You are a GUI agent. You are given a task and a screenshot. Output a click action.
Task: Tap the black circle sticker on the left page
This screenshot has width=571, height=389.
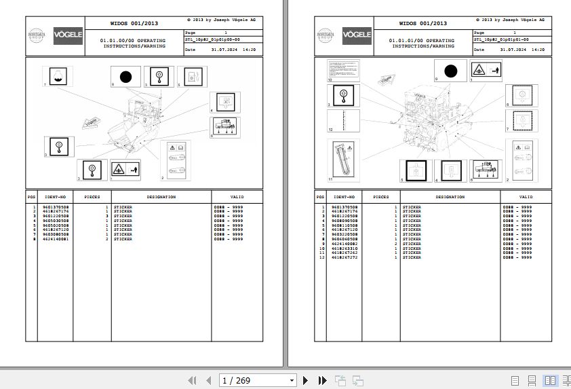125,77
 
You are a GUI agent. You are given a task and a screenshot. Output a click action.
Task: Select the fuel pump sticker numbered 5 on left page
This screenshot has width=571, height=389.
190,77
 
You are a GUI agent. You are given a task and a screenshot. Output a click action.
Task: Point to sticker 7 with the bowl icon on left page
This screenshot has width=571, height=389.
57,76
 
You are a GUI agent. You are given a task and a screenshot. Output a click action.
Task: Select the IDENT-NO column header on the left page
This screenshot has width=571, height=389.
54,197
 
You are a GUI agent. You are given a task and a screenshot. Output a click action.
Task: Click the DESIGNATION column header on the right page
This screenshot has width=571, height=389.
450,197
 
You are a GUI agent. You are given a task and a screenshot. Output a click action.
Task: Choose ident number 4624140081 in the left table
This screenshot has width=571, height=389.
55,239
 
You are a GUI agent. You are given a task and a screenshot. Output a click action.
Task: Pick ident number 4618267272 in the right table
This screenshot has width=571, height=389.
344,257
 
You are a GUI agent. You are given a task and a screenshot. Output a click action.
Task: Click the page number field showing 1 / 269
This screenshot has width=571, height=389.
258,380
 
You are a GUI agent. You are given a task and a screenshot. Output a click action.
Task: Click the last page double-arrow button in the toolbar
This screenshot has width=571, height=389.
318,380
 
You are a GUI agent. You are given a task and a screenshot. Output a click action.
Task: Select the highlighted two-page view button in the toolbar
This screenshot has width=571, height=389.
550,380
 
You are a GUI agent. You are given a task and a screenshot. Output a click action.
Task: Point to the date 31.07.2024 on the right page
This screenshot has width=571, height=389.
513,50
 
